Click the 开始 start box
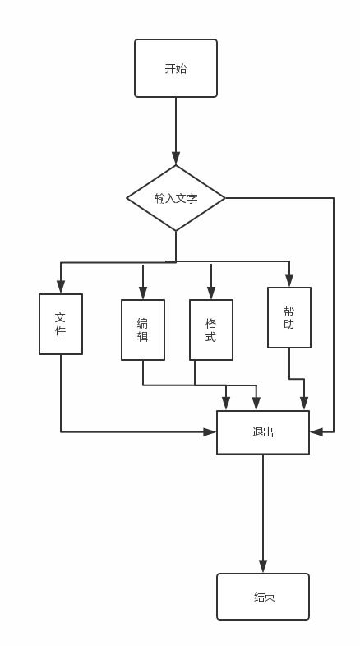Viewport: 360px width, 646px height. coord(176,68)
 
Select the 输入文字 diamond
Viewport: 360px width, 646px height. coord(176,198)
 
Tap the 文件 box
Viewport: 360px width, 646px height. coord(61,324)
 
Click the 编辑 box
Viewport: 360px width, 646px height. coord(143,330)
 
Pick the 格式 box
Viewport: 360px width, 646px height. coord(211,330)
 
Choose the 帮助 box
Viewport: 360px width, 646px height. coord(289,317)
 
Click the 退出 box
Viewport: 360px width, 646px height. coord(263,432)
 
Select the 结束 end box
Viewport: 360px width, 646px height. coord(263,597)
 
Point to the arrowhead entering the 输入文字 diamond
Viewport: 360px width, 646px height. coord(176,158)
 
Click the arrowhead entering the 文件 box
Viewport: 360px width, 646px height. coord(61,287)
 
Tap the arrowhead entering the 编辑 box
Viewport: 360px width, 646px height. coord(143,293)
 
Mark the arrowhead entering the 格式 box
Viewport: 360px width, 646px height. coord(211,293)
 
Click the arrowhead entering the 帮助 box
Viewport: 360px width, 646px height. coord(289,280)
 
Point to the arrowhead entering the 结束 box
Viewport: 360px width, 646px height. coord(263,566)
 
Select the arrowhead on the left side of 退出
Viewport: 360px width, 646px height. coord(210,431)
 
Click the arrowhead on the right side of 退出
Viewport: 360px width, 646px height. coord(316,431)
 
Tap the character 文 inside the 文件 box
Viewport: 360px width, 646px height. coord(61,317)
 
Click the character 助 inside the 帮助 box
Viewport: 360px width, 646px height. coord(289,325)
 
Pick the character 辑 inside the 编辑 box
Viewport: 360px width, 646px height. coord(143,337)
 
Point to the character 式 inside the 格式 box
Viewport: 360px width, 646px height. coord(211,337)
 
